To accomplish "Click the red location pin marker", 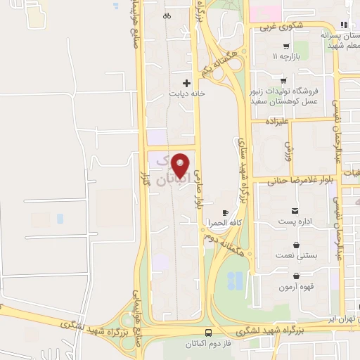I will point(181,165).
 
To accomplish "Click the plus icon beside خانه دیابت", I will point(186,82).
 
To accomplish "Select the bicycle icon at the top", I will point(166,15).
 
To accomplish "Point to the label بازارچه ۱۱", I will point(286,55).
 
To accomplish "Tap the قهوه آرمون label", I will point(295,286).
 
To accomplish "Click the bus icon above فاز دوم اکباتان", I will point(208,333).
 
